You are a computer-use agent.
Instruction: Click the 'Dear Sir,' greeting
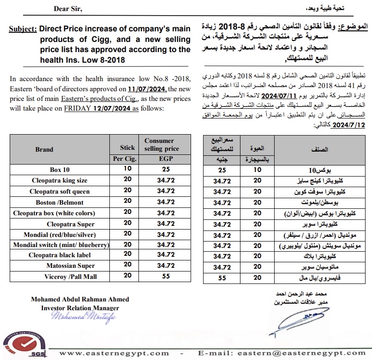(x=69, y=9)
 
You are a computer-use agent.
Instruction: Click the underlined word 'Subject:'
(x=23, y=29)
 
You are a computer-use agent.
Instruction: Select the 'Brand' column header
(x=44, y=149)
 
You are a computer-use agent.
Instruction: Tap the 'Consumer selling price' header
(x=159, y=145)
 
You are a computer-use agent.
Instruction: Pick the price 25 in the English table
(x=166, y=169)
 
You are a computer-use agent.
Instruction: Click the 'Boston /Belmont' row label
(x=60, y=202)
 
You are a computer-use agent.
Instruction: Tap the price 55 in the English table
(x=166, y=276)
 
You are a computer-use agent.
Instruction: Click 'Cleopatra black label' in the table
(x=60, y=255)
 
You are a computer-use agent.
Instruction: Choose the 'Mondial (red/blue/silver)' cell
(x=60, y=234)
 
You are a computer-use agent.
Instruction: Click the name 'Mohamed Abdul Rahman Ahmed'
(x=80, y=300)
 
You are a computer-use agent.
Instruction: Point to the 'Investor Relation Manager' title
(x=80, y=308)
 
